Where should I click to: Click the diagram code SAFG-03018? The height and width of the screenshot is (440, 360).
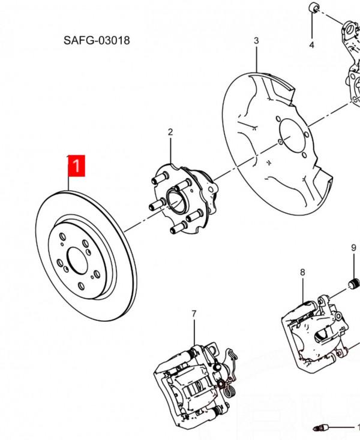[97, 41]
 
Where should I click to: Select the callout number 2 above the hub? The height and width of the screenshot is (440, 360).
[170, 132]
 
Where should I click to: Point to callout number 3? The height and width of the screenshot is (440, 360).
[256, 41]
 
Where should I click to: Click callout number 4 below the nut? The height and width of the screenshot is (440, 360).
[311, 45]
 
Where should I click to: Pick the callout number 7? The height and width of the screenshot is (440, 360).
[194, 314]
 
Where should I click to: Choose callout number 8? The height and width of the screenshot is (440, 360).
[302, 272]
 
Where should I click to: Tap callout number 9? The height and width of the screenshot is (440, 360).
[353, 248]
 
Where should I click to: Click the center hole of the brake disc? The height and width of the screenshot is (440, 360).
[77, 262]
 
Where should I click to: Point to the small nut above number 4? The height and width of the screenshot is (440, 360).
[313, 8]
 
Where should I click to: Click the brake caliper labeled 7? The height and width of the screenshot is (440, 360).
[192, 384]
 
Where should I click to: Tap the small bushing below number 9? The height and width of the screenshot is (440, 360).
[353, 283]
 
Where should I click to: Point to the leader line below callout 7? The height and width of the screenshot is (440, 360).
[194, 333]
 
